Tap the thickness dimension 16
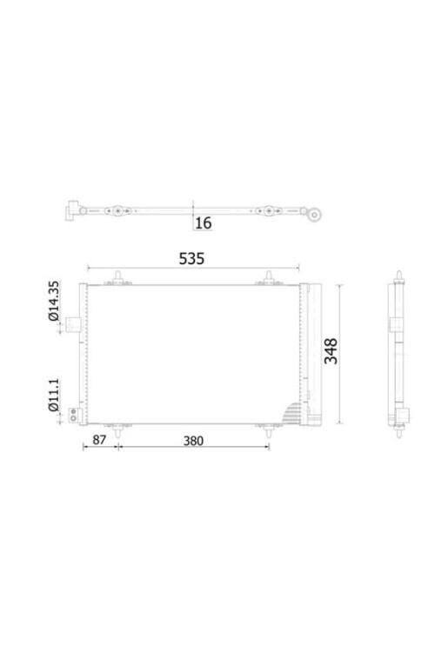pyautogui.click(x=203, y=223)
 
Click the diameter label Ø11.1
pyautogui.click(x=54, y=392)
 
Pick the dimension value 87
pyautogui.click(x=98, y=441)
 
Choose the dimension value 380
pyautogui.click(x=192, y=441)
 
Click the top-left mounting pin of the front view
pyautogui.click(x=116, y=278)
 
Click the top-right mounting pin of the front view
pyautogui.click(x=269, y=278)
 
